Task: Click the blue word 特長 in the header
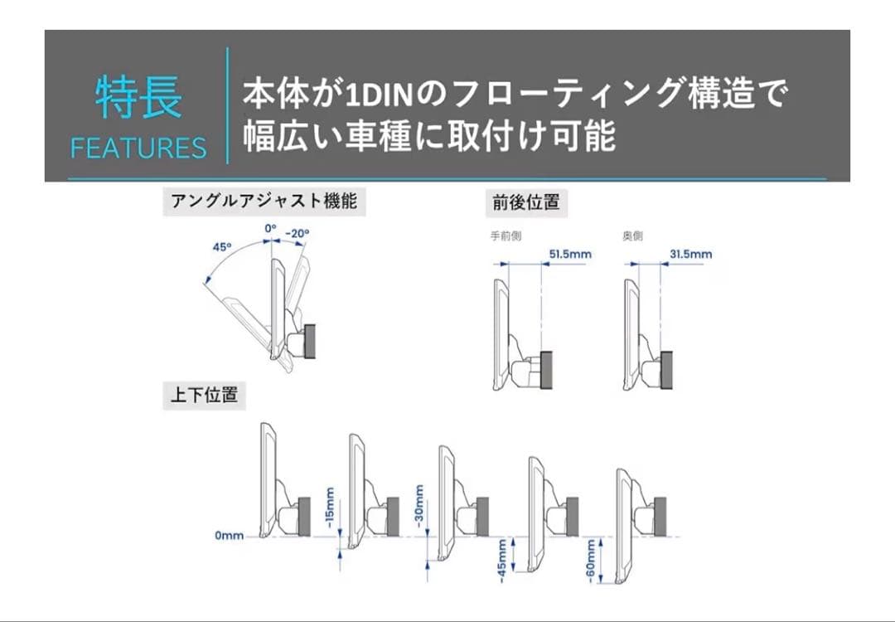click(x=138, y=98)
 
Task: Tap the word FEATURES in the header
click(x=138, y=148)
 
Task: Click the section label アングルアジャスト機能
click(x=264, y=202)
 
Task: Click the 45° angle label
click(x=221, y=246)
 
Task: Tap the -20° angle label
click(x=296, y=234)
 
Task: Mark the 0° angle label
click(x=270, y=228)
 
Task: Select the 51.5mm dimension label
click(x=568, y=254)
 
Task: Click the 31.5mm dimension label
click(x=689, y=254)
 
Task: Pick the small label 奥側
click(x=632, y=236)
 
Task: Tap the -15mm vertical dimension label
click(x=330, y=508)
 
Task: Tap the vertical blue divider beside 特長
click(x=228, y=105)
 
